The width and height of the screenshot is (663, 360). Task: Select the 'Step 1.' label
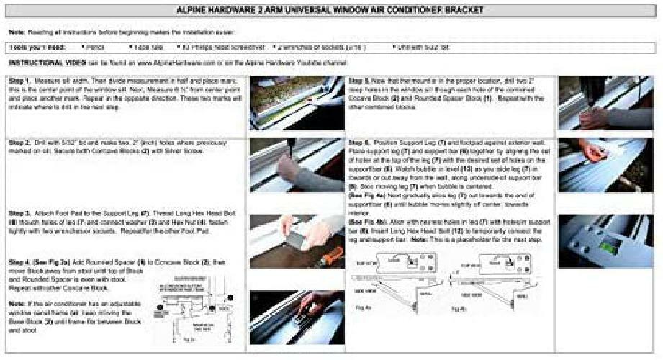click(19, 80)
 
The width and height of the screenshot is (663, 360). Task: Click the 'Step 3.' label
click(19, 214)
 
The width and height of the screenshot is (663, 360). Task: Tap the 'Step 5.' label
click(359, 80)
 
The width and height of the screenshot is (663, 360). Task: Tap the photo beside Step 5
click(605, 103)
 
